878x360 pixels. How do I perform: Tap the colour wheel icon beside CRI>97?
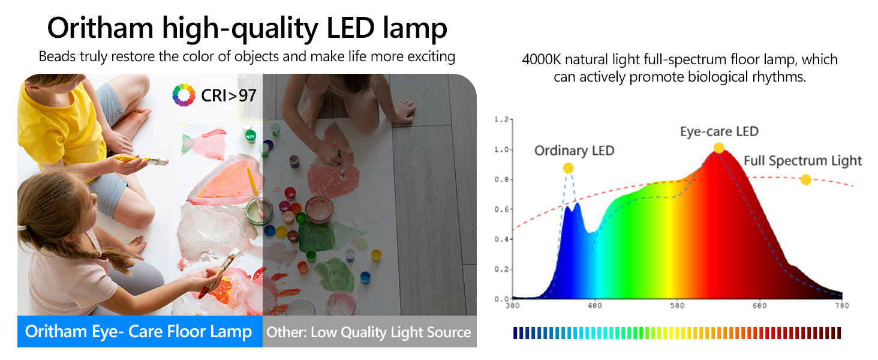184,95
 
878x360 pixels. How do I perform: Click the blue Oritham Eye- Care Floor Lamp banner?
139,332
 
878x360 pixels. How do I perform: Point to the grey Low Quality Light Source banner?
369,332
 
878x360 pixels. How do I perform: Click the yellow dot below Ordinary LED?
568,168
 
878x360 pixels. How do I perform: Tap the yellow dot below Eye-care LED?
718,148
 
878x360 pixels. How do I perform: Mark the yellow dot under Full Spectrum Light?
805,179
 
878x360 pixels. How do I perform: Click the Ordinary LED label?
574,151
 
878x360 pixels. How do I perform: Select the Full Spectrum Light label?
802,161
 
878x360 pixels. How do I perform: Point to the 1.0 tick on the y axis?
501,149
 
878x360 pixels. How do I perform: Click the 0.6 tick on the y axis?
501,209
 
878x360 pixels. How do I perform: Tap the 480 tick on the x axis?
594,306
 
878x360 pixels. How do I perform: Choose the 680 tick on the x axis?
759,306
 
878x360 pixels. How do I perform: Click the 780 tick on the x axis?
841,306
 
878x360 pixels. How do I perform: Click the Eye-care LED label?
718,131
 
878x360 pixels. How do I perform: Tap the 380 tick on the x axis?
512,306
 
